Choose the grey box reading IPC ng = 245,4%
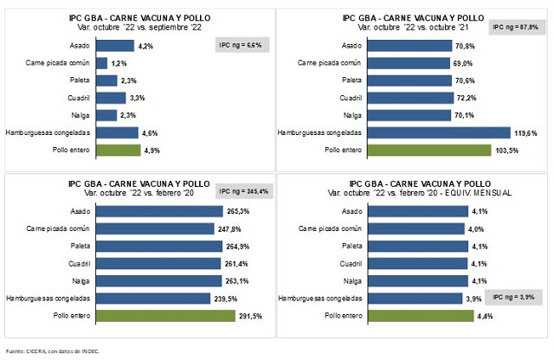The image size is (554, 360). (241, 190)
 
